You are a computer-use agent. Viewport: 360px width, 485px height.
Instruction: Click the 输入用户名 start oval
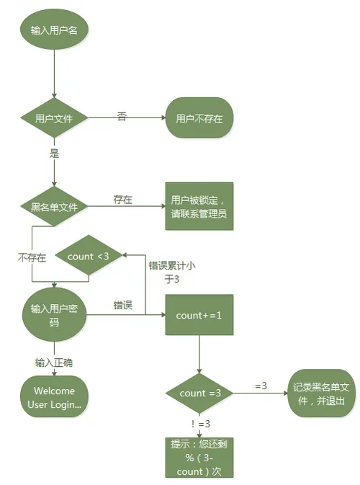[x=55, y=31]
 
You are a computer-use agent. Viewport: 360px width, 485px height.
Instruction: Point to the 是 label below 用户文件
[x=53, y=153]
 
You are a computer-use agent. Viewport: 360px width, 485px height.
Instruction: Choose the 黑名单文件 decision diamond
[x=55, y=207]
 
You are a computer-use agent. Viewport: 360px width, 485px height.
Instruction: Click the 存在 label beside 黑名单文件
[x=122, y=200]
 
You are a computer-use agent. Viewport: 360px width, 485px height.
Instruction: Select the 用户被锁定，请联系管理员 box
[x=199, y=206]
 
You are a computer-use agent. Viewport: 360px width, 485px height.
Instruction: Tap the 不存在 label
[x=32, y=257]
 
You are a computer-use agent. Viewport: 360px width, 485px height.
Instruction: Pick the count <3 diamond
[x=89, y=257]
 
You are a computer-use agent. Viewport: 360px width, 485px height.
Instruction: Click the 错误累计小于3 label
[x=171, y=272]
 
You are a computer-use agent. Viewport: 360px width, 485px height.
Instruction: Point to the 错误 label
[x=122, y=306]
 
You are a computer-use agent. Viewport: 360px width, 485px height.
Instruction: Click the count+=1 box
[x=199, y=314]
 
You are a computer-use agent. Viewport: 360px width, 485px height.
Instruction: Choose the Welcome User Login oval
[x=55, y=398]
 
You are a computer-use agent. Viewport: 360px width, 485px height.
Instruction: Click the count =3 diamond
[x=199, y=393]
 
